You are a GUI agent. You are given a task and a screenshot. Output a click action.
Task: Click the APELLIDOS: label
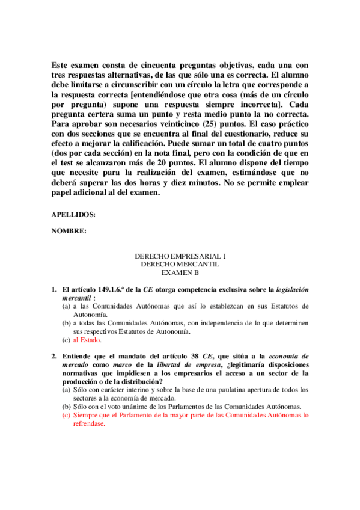point(73,214)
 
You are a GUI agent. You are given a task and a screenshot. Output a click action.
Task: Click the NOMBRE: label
point(69,230)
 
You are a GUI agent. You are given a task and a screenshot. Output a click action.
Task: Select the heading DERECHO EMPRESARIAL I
point(180,256)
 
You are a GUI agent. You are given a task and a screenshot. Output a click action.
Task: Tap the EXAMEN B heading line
point(180,272)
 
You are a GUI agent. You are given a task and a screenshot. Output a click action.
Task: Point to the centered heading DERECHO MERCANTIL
point(180,264)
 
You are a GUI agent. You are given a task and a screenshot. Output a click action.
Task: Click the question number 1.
point(53,290)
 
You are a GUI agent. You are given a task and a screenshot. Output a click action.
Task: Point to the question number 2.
point(53,349)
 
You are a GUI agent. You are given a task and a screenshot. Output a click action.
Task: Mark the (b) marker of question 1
point(66,323)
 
